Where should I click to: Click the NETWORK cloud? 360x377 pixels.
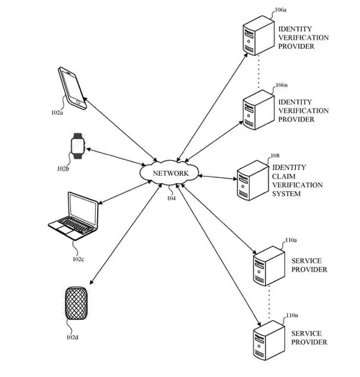point(171,174)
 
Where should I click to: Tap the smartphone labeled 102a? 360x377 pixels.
point(73,88)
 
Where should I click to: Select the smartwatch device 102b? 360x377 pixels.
point(76,147)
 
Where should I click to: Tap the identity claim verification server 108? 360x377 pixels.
point(249,184)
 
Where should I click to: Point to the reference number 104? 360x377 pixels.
point(171,197)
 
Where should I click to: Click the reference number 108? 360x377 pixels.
point(274,155)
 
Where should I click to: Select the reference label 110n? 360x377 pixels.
point(292,316)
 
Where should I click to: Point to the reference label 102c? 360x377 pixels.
point(78,258)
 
